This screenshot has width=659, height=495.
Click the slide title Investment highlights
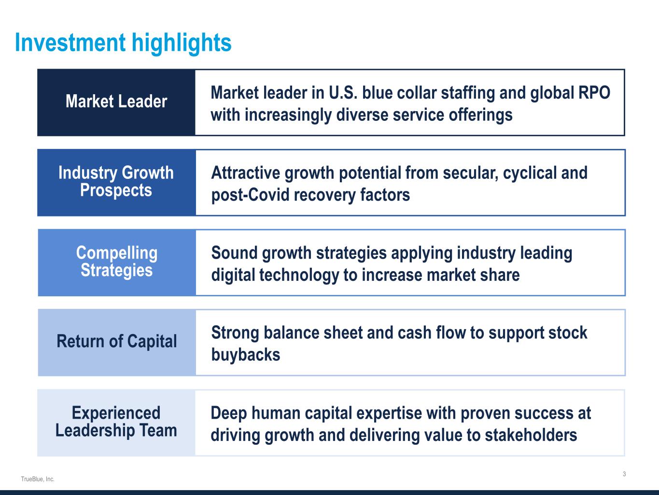123,43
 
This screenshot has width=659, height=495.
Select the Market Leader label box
116,102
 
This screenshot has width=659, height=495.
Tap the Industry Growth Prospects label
116,182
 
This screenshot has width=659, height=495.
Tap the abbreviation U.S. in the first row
343,92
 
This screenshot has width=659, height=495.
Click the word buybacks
246,354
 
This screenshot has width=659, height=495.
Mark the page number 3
624,474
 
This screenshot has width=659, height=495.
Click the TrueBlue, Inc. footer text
38,479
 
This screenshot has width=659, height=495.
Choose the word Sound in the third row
234,253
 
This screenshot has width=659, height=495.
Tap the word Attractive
246,173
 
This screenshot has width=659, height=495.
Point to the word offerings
481,115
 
